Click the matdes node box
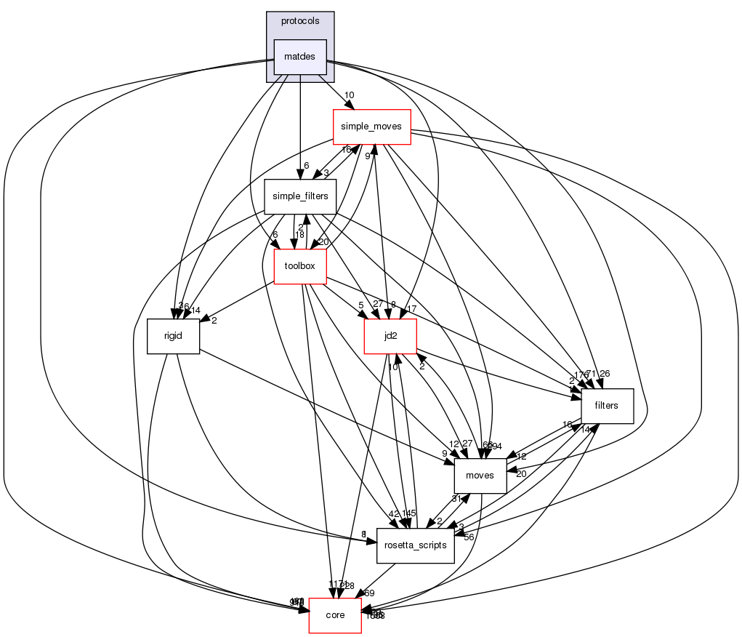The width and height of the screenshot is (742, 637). [299, 57]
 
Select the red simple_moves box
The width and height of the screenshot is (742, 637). [372, 127]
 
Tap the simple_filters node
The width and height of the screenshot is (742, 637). [299, 196]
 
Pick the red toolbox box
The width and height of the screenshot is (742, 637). [299, 266]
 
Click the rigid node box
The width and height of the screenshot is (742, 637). [173, 336]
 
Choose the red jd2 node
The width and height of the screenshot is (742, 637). [390, 336]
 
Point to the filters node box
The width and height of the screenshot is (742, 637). [606, 406]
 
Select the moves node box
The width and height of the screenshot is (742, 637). [480, 476]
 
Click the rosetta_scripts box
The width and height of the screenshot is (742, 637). [416, 545]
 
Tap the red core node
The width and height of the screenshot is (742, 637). [335, 615]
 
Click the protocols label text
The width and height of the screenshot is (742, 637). [299, 21]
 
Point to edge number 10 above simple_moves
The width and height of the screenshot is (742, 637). [349, 95]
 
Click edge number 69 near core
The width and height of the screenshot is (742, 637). [369, 593]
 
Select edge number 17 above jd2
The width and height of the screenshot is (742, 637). [412, 308]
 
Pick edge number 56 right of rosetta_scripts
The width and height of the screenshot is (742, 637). [469, 537]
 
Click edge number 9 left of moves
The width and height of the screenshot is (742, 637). [443, 454]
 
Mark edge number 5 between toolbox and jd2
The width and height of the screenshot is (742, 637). [360, 305]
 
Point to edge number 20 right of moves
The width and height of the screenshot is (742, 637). [521, 474]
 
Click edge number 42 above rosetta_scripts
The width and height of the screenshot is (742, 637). [393, 513]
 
